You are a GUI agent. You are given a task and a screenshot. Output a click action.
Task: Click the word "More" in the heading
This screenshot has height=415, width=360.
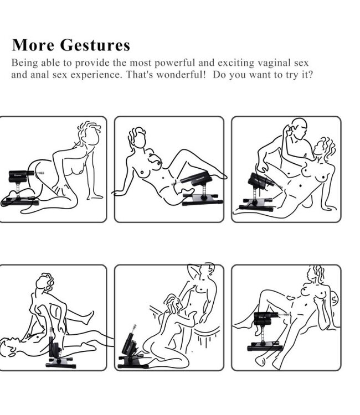coord(33,44)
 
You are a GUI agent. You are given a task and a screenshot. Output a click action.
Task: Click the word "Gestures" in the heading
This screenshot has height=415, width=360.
coord(95,45)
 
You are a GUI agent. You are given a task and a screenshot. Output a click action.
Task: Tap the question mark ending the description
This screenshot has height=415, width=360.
coord(310,74)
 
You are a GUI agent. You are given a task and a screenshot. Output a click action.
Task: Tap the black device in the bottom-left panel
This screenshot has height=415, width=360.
coord(59,349)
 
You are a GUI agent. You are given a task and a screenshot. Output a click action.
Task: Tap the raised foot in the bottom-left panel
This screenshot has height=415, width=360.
coord(88,317)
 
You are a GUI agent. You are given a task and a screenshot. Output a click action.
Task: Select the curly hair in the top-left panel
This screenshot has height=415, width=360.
coord(89,128)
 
